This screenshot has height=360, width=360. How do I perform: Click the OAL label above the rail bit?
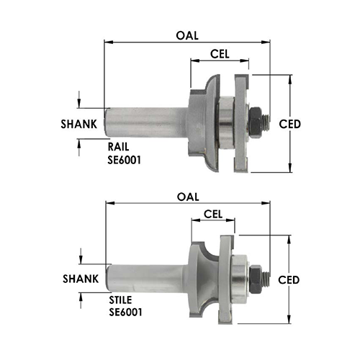point(187,36)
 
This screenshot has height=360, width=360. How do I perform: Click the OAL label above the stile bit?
point(188,197)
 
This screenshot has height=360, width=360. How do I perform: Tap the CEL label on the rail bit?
point(220,54)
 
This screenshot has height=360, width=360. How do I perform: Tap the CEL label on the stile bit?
point(213,214)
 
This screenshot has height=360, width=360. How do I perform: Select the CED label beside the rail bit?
point(290,124)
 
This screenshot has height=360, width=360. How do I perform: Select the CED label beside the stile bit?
point(289,280)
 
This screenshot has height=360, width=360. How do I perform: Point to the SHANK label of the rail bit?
point(79,124)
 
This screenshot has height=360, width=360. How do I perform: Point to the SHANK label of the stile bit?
point(81,279)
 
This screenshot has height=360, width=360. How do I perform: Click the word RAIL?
point(118,147)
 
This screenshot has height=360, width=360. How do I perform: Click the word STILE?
point(120,300)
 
